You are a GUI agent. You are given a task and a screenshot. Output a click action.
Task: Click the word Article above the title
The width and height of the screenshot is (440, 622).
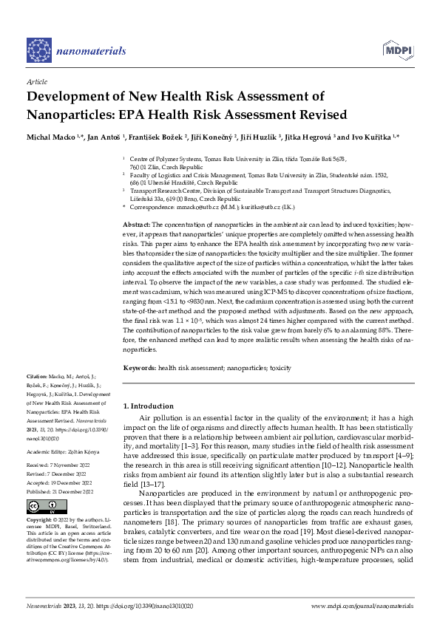(x=36, y=82)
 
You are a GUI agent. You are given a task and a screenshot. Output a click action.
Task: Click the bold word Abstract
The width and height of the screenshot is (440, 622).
(x=136, y=224)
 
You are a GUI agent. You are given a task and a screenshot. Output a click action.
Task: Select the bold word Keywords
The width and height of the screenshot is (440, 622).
(x=139, y=367)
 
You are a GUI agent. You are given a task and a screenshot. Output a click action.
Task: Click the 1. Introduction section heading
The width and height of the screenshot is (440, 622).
(x=149, y=406)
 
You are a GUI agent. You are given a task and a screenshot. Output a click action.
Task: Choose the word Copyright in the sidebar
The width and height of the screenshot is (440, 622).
(x=39, y=519)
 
